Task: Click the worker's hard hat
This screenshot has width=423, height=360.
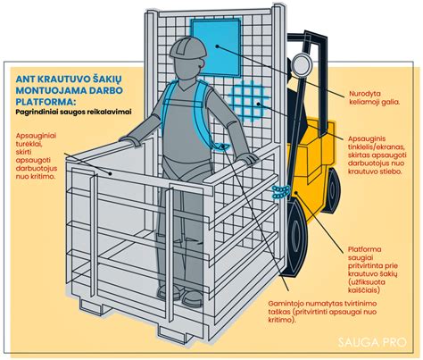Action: point(187,48)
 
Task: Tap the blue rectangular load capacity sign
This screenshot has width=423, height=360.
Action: point(216,46)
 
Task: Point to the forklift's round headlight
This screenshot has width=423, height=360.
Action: point(302,64)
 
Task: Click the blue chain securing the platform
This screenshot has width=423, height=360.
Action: point(281,192)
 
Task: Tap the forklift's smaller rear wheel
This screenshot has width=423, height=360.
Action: point(332,190)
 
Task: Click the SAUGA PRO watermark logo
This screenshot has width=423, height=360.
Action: point(371,342)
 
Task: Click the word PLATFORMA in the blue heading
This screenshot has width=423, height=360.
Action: point(45,102)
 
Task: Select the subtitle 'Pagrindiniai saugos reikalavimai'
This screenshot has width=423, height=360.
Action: point(73,112)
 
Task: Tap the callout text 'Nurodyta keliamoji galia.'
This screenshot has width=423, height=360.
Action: point(374,98)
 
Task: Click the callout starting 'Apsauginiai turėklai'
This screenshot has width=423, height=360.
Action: point(37,155)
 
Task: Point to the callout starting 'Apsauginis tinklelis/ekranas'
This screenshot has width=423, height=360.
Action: point(377,155)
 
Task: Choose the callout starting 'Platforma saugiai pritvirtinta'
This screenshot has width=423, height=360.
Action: point(373,270)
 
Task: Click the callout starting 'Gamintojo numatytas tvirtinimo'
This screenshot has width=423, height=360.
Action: point(323,312)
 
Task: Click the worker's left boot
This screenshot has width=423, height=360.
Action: point(193,298)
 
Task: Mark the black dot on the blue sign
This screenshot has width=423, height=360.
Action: point(218,46)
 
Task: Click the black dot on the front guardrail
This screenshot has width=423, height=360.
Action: point(110,173)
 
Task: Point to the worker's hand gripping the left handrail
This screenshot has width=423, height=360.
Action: point(129,140)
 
